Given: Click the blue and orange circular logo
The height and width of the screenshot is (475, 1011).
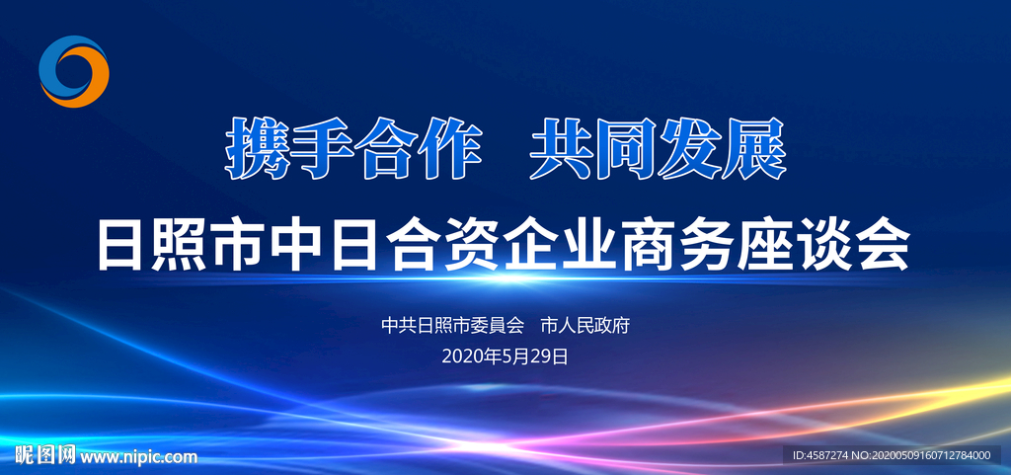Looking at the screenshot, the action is [x=73, y=71].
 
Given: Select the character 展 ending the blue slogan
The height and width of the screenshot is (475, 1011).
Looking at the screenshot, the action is [x=755, y=149].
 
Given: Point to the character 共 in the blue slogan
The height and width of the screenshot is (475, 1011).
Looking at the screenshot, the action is [x=562, y=149].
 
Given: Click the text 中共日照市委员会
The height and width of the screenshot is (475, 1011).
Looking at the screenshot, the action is [x=452, y=326].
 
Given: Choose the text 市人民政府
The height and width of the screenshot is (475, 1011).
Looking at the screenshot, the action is [x=584, y=326].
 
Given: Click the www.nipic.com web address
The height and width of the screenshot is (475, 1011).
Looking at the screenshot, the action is [x=138, y=457].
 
